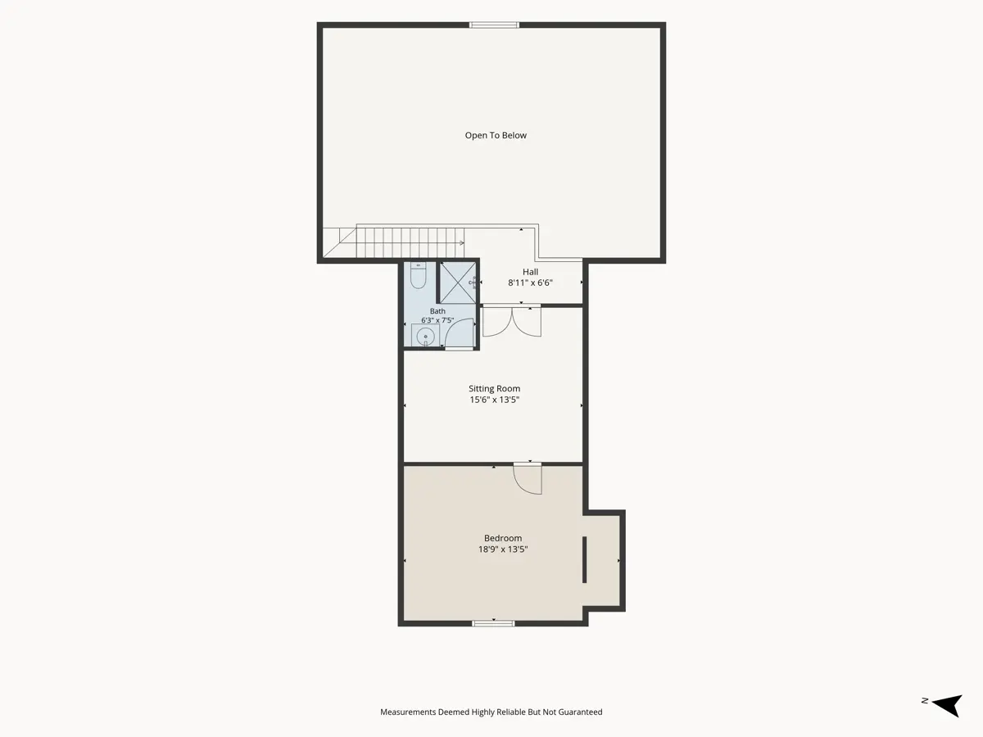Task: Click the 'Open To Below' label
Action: [496, 135]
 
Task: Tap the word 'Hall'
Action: [530, 272]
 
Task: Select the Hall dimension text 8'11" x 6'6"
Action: [530, 283]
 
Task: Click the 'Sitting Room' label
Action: [495, 388]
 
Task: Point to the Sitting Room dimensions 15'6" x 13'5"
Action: [495, 400]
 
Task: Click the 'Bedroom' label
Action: [503, 538]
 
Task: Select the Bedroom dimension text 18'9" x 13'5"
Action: [503, 549]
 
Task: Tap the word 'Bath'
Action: [437, 311]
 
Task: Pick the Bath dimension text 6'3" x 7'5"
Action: [437, 320]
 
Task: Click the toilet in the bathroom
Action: [418, 275]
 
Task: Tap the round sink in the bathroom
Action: [425, 337]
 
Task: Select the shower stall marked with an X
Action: [458, 283]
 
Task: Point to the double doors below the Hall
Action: [512, 321]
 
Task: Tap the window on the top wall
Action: [495, 25]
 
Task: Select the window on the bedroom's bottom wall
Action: [493, 623]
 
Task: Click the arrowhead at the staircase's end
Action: [462, 243]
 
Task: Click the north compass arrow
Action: [947, 705]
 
